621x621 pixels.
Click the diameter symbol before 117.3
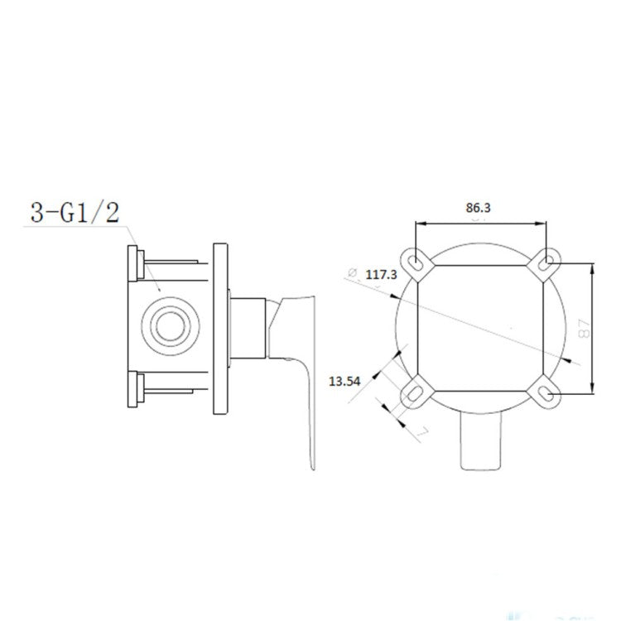coord(352,272)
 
